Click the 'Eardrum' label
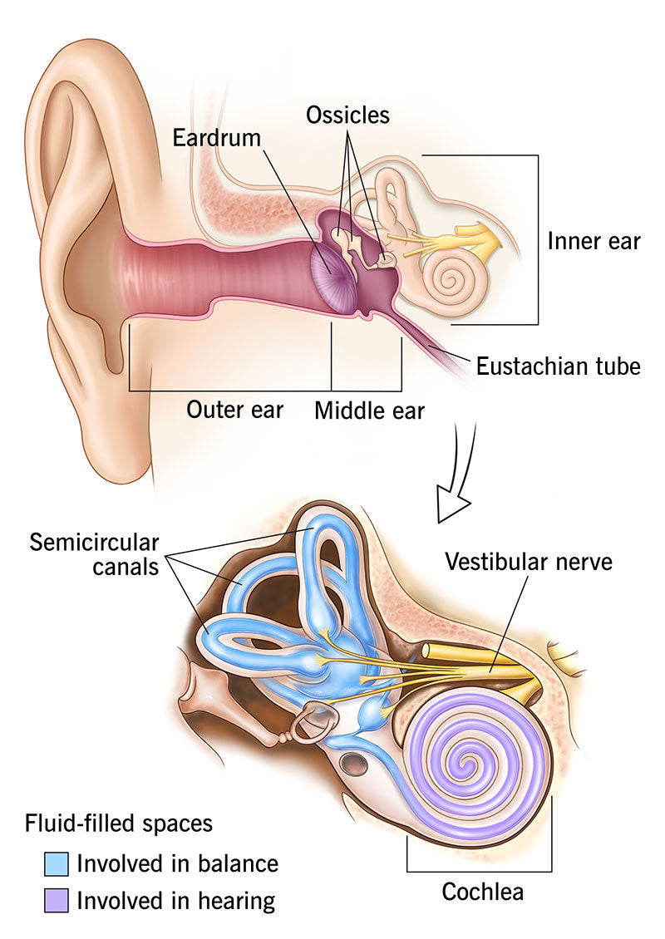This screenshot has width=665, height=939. (216, 138)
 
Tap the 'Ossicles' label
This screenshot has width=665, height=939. (347, 114)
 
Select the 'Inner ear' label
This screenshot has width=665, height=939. (594, 241)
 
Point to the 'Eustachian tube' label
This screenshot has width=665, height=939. (558, 366)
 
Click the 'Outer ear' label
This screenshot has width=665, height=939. (234, 410)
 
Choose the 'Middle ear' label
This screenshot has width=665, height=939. (369, 411)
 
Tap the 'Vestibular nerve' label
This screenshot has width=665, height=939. (529, 561)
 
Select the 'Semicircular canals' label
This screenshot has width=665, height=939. (94, 556)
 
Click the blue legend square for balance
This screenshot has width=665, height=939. (56, 863)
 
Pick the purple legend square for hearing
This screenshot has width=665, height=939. (56, 900)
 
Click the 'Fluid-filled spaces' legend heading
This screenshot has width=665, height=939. (119, 823)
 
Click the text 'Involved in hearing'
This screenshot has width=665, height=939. (175, 900)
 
